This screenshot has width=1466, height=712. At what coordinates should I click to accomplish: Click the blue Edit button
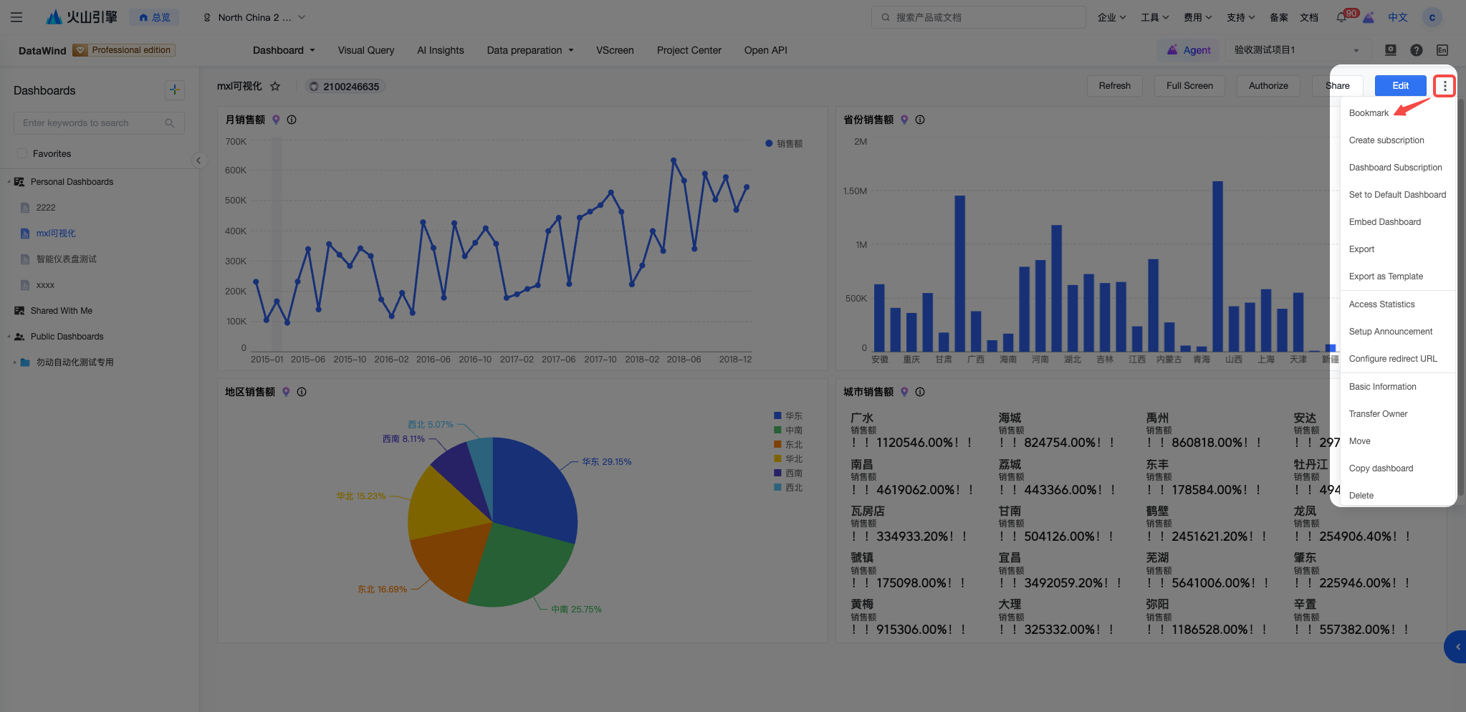1400,85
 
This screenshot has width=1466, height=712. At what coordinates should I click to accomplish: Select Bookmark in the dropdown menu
1369,113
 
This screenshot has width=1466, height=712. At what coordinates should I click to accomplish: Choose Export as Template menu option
1386,276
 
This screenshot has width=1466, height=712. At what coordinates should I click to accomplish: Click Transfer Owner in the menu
1378,414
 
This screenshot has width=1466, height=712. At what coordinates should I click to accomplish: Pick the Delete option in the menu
1361,496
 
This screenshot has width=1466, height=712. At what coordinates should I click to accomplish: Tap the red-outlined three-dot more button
1445,86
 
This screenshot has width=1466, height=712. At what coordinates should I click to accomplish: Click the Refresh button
1114,86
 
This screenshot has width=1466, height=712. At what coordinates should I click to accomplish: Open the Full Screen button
1189,86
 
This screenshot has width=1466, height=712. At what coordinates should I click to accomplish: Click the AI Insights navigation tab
441,50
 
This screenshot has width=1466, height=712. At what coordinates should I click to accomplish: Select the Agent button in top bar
1189,50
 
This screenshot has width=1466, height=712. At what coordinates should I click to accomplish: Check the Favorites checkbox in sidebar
22,153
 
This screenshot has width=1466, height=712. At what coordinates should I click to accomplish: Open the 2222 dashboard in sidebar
46,208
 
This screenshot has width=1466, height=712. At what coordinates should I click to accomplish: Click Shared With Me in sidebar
62,311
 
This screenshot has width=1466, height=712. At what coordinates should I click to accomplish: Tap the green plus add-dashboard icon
174,90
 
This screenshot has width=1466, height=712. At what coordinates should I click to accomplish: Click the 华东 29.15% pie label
607,462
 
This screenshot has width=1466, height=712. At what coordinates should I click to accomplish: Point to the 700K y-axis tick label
236,142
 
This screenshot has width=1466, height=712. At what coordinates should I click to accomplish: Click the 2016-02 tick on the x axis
391,360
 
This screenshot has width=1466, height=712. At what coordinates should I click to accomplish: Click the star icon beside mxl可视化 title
275,87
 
